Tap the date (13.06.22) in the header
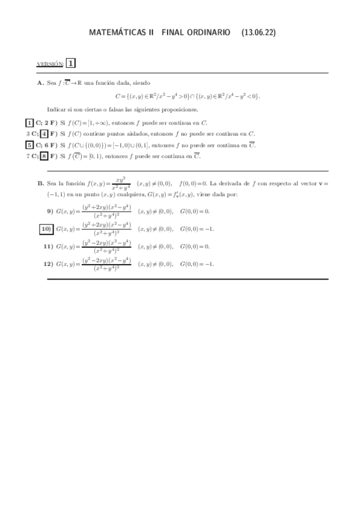pos(259,33)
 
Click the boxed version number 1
pos(71,63)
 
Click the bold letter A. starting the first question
pos(41,83)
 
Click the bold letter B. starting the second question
pos(41,183)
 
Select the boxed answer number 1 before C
pos(29,123)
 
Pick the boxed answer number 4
pos(44,134)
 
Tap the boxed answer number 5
pos(29,145)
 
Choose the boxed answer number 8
pos(44,156)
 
